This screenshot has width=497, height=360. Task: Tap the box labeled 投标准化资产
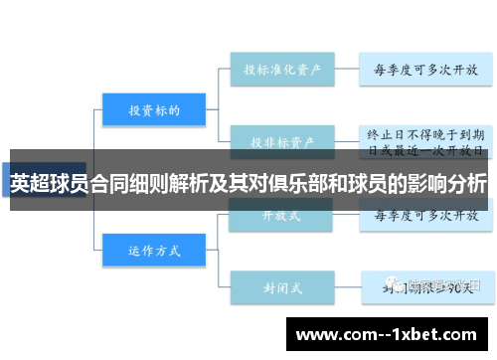(281, 72)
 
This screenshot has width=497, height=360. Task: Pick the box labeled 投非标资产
(281, 141)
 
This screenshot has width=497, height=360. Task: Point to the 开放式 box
(281, 214)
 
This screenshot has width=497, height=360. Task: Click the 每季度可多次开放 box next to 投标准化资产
(424, 72)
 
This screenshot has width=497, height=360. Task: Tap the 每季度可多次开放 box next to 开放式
(424, 214)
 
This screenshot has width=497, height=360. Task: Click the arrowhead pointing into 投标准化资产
(227, 72)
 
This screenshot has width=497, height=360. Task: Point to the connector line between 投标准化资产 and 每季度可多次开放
(345, 72)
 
